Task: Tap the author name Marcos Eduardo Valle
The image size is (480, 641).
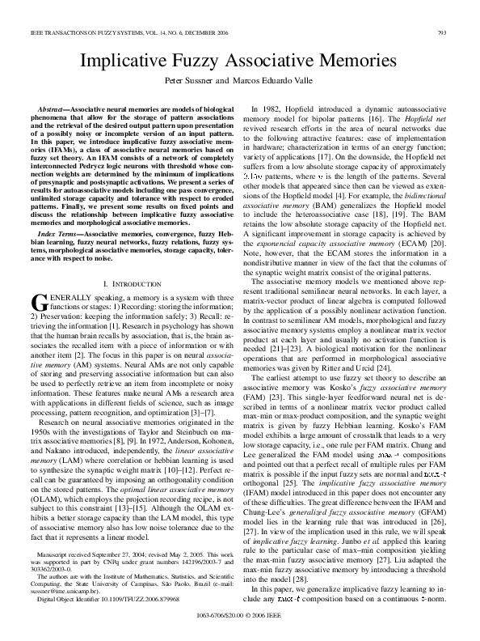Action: (276, 82)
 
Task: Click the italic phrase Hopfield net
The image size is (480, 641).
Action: (428, 119)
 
